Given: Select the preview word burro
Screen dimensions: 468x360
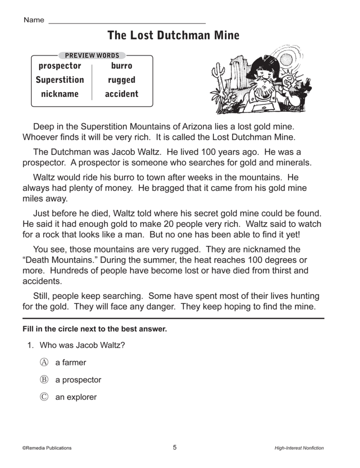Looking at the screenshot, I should click(122, 66).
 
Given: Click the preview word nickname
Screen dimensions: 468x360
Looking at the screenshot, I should click(60, 94).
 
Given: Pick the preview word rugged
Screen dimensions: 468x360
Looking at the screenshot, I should click(122, 80).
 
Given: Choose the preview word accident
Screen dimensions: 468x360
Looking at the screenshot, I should click(122, 94).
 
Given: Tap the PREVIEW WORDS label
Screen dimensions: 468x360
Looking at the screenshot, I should click(92, 55).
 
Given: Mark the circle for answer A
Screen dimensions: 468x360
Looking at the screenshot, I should click(44, 362).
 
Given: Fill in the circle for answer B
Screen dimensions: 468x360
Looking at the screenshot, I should click(44, 379).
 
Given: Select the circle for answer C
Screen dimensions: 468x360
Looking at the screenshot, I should click(44, 397).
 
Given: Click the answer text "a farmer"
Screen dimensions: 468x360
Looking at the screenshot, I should click(71, 363).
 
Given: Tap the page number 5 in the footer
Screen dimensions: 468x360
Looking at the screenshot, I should click(175, 447).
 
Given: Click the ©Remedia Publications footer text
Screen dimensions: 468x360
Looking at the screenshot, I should click(47, 448).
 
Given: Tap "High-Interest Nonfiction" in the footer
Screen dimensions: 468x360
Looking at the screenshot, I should click(299, 448).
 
